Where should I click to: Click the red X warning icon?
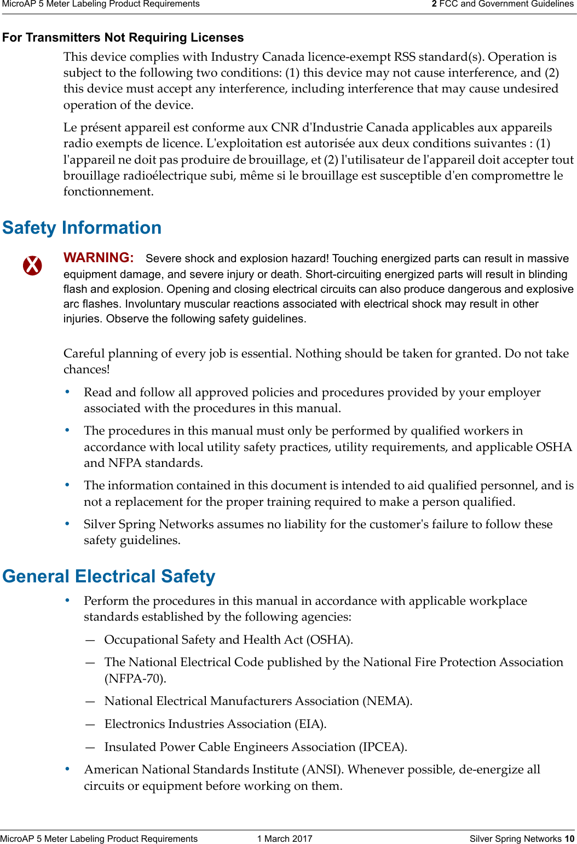pyautogui.click(x=32, y=265)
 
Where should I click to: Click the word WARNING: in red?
pyautogui.click(x=99, y=258)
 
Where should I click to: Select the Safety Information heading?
pyautogui.click(x=82, y=228)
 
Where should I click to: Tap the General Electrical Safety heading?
pyautogui.click(x=109, y=576)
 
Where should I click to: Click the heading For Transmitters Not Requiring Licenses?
pyautogui.click(x=123, y=38)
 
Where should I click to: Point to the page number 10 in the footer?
pyautogui.click(x=569, y=839)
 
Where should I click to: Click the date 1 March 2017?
pyautogui.click(x=285, y=839)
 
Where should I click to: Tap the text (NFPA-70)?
pyautogui.click(x=135, y=679)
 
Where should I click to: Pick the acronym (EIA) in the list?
pyautogui.click(x=310, y=724)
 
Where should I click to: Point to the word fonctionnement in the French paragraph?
pyautogui.click(x=108, y=192)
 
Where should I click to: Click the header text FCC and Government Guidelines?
pyautogui.click(x=506, y=4)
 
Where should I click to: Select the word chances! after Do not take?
pyautogui.click(x=86, y=369)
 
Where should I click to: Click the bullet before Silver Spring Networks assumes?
pyautogui.click(x=67, y=524)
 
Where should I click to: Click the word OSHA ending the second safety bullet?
pyautogui.click(x=553, y=447)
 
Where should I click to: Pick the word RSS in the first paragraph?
pyautogui.click(x=405, y=57)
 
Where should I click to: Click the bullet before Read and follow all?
pyautogui.click(x=67, y=392)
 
